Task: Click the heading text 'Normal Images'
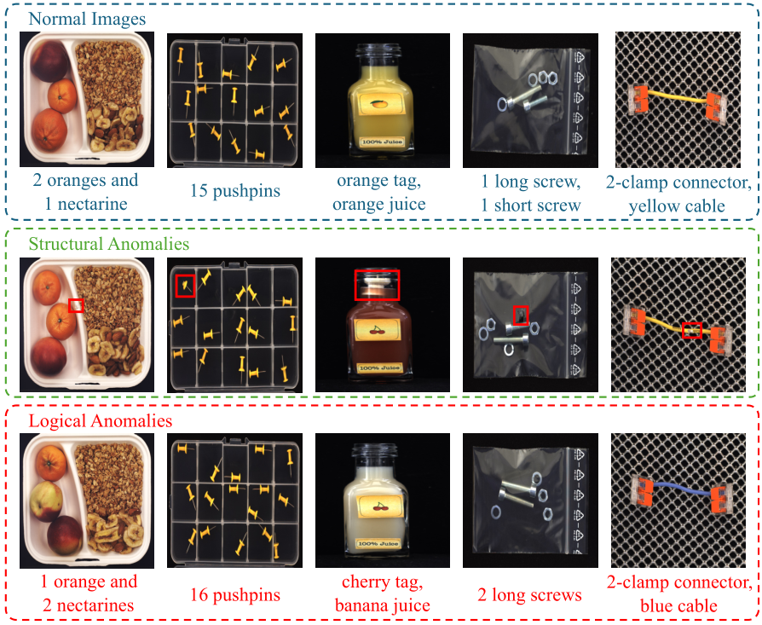(x=87, y=19)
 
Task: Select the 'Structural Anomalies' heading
(x=109, y=244)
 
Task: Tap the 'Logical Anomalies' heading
(x=100, y=420)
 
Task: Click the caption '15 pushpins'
(x=235, y=190)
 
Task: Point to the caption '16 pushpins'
(x=235, y=594)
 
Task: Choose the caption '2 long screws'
(x=529, y=594)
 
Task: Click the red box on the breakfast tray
(x=76, y=306)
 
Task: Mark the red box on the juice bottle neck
(x=377, y=285)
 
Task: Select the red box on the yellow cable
(x=692, y=331)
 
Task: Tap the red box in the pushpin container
(x=185, y=286)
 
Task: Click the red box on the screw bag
(x=521, y=315)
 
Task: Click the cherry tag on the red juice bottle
(x=378, y=330)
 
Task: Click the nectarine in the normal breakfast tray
(x=49, y=61)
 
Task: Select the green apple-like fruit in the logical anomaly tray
(x=47, y=501)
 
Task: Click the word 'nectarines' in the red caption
(x=95, y=605)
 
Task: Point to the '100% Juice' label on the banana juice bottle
(x=378, y=544)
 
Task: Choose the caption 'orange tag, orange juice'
(x=379, y=193)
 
